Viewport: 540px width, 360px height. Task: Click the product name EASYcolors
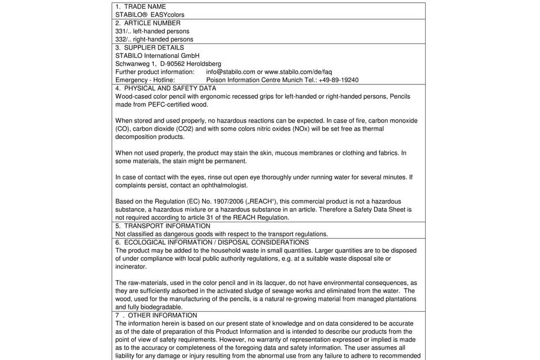pyautogui.click(x=167, y=15)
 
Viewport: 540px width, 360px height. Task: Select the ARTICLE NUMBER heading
pyautogui.click(x=152, y=23)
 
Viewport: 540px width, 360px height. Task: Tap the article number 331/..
pyautogui.click(x=123, y=31)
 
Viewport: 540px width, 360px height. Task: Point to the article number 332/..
pyautogui.click(x=123, y=39)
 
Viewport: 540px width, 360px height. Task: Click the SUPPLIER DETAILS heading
pyautogui.click(x=154, y=48)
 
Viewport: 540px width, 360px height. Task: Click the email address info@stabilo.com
pyautogui.click(x=231, y=72)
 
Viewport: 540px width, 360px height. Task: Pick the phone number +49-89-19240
pyautogui.click(x=337, y=80)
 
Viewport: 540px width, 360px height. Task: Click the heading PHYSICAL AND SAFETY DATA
pyautogui.click(x=170, y=88)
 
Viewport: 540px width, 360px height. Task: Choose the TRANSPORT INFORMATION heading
pyautogui.click(x=167, y=226)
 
